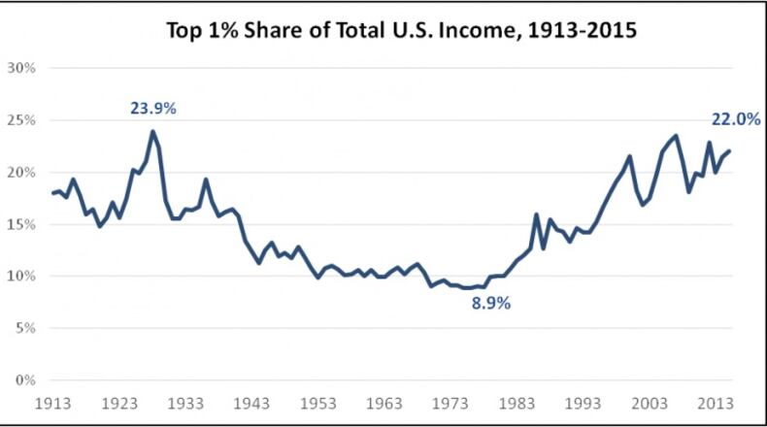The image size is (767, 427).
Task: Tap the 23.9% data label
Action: pos(153,109)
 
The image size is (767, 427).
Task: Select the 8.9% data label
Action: pos(490,303)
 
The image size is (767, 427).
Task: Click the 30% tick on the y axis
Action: pos(21,68)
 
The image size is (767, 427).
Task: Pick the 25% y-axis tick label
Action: pos(21,120)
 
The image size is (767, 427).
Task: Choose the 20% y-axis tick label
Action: pos(21,172)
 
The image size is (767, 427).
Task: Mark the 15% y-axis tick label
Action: pos(21,224)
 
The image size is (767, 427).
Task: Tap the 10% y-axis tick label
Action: pos(21,276)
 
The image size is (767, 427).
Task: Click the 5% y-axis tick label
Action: pos(24,328)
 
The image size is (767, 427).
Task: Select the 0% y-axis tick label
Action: pos(24,379)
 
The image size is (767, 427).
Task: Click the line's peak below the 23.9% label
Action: pos(152,132)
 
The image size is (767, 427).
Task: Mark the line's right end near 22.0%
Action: pos(729,151)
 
